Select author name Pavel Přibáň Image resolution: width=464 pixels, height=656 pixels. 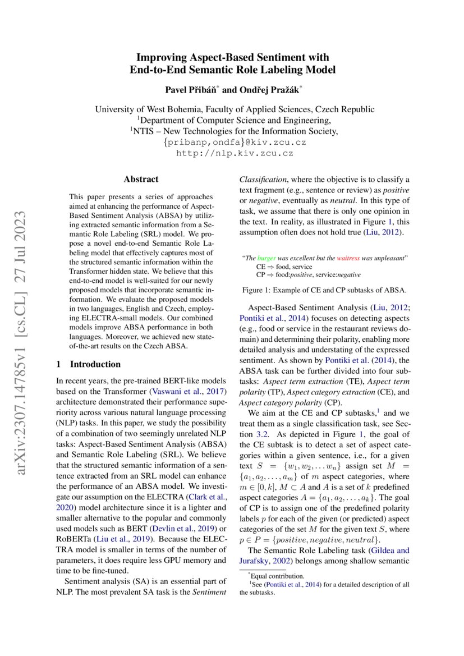tap(189, 89)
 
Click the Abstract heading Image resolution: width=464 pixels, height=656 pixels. tap(141, 180)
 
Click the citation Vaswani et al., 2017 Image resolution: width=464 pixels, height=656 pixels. tap(191, 391)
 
